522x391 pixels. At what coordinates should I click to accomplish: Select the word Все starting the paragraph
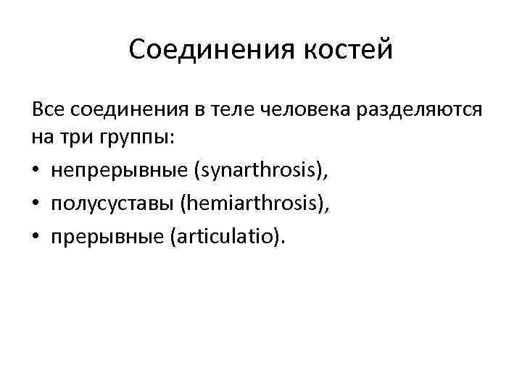(46, 110)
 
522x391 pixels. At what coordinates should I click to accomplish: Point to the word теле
(231, 110)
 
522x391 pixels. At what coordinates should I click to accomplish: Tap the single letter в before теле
(200, 110)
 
